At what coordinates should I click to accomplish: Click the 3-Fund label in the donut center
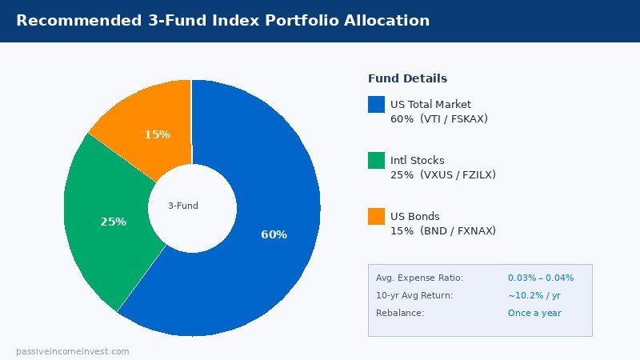183,206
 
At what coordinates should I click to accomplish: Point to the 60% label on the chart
274,234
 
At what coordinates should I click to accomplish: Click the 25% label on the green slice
113,222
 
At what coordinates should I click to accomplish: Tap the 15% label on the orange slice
157,134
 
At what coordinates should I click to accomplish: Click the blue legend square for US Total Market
376,104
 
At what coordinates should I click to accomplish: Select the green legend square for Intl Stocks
376,160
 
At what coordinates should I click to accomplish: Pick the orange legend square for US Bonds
376,216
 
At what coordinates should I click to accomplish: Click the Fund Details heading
407,78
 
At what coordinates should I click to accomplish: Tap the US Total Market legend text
430,104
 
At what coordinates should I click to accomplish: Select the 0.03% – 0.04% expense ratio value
541,278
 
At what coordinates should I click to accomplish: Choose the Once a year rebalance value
534,313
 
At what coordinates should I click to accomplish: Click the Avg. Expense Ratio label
419,278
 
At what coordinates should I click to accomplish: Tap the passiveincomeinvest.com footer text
72,351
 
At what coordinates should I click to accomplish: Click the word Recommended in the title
70,21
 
